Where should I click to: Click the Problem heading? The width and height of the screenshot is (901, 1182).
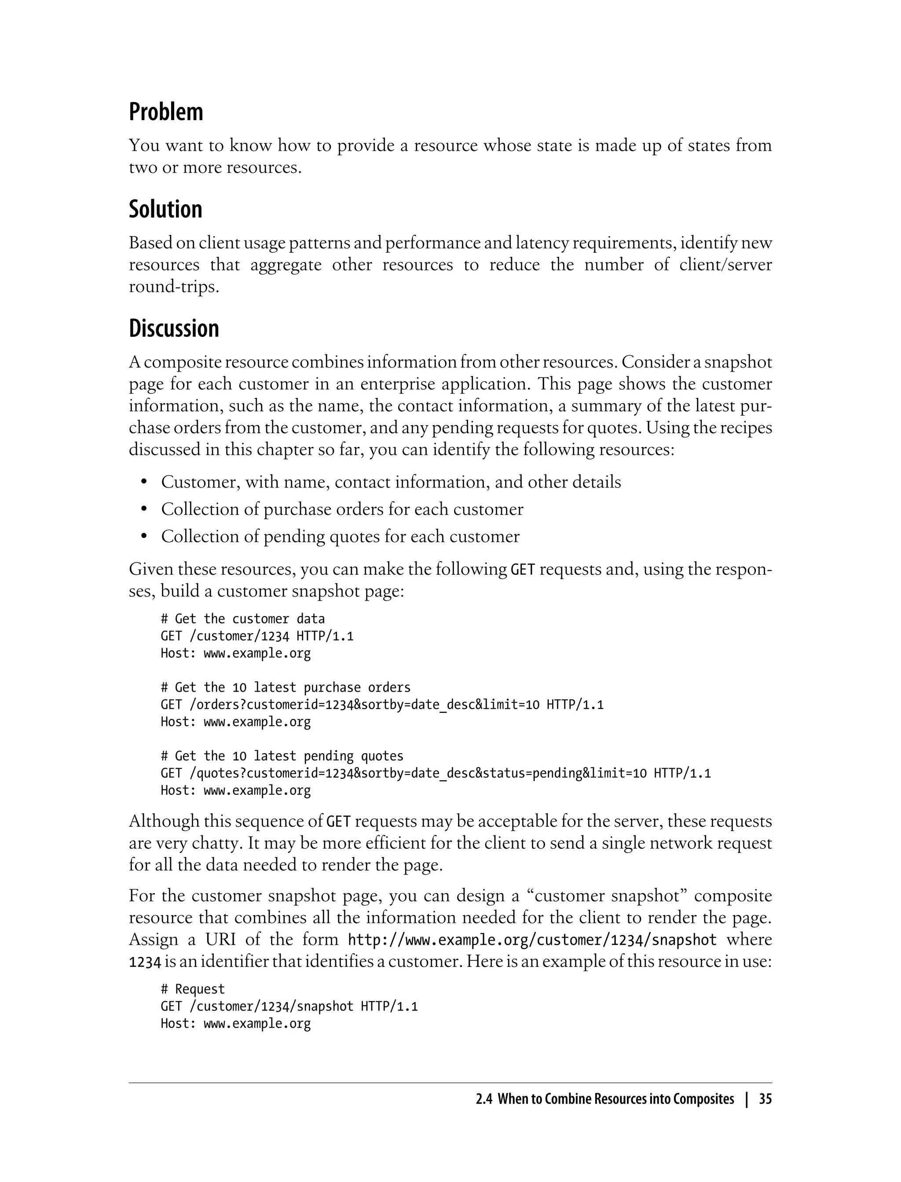pos(166,112)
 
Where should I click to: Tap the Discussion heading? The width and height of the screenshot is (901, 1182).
pos(174,328)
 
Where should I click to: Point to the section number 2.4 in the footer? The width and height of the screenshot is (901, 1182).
pos(484,1099)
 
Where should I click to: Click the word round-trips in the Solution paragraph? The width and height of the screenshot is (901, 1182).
pos(174,287)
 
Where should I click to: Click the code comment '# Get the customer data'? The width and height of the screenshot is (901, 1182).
pos(242,619)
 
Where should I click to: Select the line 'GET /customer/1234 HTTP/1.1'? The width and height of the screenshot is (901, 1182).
pos(257,636)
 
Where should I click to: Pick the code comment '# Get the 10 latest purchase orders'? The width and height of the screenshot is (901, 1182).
pos(286,687)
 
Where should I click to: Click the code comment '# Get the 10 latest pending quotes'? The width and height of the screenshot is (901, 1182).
pos(282,756)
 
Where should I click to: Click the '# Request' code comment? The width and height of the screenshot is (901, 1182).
pos(193,989)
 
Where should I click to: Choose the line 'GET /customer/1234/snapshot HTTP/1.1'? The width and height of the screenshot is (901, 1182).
pos(289,1006)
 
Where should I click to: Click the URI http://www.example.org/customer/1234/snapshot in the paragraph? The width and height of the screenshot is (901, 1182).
pos(532,940)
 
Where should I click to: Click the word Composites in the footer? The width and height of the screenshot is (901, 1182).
pos(703,1099)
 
